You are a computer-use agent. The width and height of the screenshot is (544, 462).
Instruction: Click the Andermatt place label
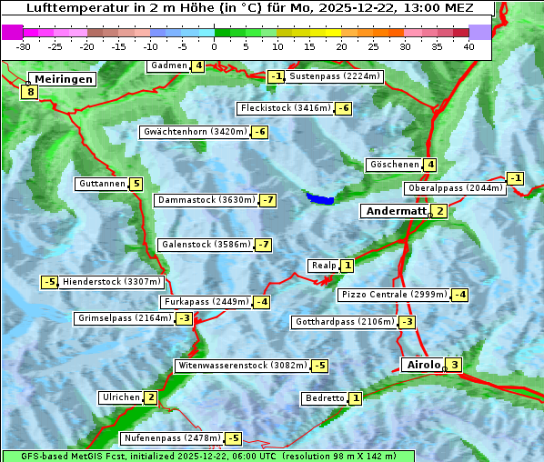point(395,211)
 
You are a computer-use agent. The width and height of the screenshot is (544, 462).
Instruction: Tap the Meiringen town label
point(62,79)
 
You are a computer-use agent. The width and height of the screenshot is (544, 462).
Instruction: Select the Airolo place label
point(423,365)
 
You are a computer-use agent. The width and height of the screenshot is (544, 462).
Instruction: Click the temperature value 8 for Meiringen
point(30,91)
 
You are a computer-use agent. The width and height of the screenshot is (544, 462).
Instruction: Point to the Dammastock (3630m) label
point(206,200)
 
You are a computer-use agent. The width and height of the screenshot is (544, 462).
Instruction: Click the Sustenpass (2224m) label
point(335,76)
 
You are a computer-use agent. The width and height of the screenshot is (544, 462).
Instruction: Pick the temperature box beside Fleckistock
point(343,108)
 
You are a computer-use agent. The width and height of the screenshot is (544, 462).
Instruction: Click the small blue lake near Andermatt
point(319,197)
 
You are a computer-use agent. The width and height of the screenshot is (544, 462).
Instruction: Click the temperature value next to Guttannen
point(136,184)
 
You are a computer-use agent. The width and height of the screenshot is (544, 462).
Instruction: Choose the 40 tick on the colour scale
point(468,46)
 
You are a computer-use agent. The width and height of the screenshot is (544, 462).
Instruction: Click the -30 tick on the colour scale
point(24,46)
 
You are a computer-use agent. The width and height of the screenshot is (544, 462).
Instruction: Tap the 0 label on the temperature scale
point(215,46)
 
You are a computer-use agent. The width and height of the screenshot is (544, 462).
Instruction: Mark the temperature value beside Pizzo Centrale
point(460,295)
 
